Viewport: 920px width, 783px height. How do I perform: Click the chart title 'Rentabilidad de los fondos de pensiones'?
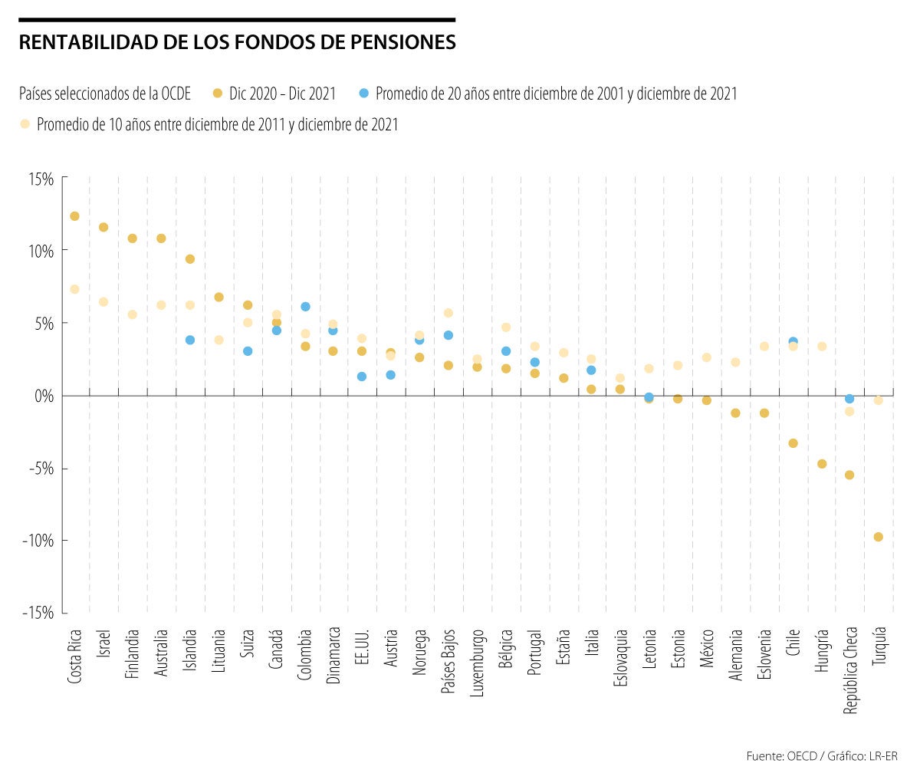[x=237, y=42]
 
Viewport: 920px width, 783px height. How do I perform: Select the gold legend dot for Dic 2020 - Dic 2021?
[x=217, y=94]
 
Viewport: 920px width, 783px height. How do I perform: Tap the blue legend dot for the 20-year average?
[x=364, y=94]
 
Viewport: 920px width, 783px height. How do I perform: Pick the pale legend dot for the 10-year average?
[x=25, y=123]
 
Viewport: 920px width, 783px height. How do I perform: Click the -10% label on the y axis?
[x=38, y=541]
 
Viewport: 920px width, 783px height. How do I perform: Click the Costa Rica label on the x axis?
[x=75, y=656]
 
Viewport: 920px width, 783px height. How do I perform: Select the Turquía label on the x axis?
[x=879, y=646]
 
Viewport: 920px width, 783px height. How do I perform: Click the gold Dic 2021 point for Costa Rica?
[x=74, y=216]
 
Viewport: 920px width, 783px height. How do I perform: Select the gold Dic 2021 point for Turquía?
[x=879, y=537]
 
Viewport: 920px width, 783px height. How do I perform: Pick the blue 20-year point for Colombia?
[x=305, y=307]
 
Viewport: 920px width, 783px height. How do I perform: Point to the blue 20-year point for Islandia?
[x=190, y=340]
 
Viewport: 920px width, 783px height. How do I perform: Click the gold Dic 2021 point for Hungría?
[x=822, y=464]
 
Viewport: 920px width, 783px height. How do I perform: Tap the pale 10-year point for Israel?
[x=103, y=302]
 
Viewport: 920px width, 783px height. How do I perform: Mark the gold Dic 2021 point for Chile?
[x=793, y=443]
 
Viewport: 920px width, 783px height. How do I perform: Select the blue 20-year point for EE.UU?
[x=362, y=377]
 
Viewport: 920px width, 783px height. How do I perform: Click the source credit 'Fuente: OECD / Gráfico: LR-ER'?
[x=821, y=756]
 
